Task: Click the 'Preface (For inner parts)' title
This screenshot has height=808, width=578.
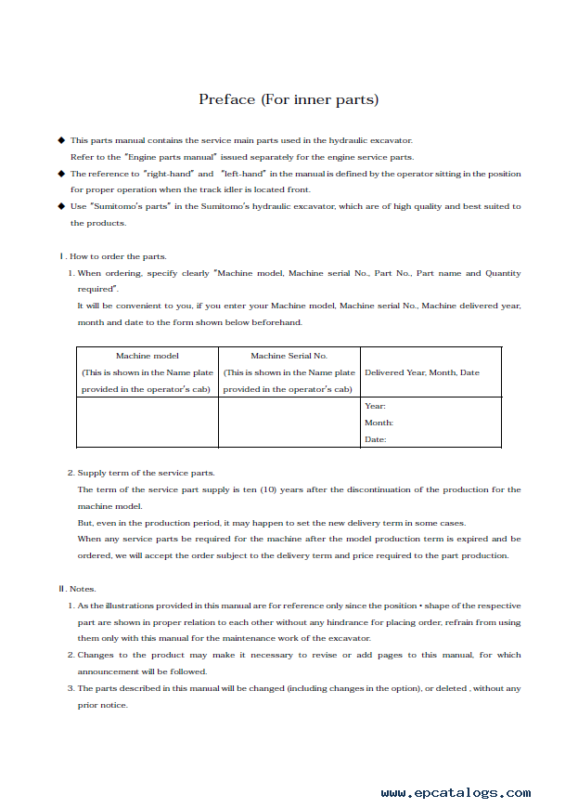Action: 289,99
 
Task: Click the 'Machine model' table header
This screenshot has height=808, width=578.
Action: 147,356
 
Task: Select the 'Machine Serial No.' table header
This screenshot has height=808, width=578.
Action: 289,356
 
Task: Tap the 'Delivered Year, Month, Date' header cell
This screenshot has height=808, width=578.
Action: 422,372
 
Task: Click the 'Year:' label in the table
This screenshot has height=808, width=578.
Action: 375,406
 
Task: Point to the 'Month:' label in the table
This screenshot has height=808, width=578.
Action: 379,423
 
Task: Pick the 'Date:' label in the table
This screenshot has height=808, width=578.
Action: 375,439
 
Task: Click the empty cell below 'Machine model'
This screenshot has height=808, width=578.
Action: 147,423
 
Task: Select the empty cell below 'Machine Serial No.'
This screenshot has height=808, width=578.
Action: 289,423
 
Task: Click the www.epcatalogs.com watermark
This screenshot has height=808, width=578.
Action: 456,793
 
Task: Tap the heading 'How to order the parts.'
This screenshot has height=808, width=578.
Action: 118,256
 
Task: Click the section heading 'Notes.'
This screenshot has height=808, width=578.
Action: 83,589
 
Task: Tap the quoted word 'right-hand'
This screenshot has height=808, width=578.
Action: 167,174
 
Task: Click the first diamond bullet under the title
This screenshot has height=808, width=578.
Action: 61,140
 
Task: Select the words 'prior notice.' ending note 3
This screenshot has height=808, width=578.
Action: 102,705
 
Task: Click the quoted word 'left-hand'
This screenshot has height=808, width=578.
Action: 243,174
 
